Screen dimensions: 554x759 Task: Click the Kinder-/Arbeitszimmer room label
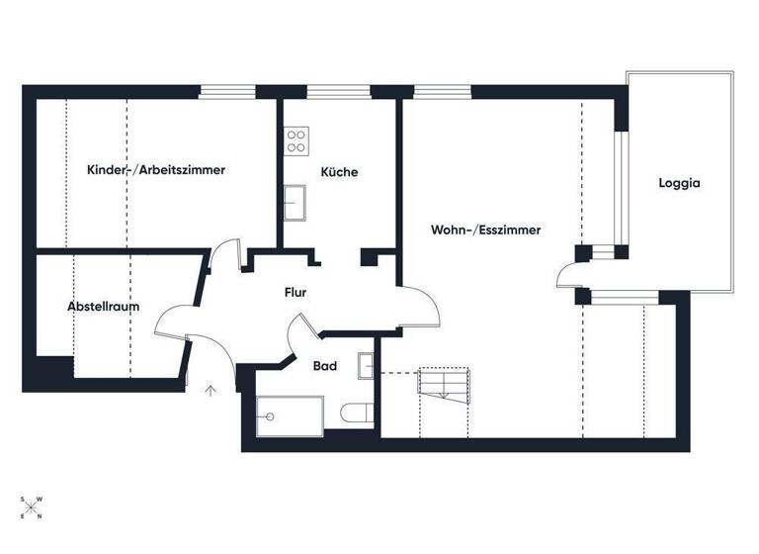156,170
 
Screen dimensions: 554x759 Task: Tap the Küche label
339,172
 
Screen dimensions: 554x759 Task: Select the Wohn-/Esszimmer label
485,230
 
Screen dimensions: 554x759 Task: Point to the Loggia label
679,183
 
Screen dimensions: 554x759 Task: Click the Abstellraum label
103,307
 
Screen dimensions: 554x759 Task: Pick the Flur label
295,293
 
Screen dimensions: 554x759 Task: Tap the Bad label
325,366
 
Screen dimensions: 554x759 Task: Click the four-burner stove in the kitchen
295,141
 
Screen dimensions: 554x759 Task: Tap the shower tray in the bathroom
289,415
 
